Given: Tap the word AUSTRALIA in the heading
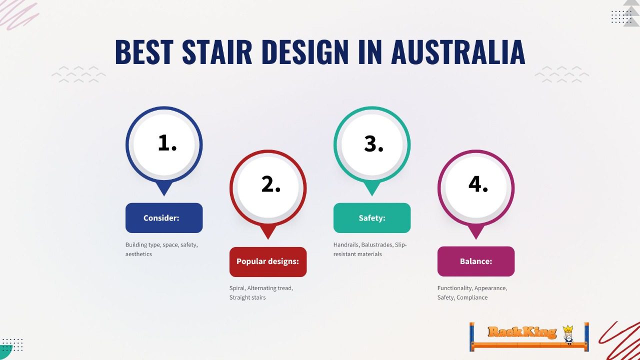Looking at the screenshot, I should point(457,51).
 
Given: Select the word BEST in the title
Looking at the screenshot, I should point(144,51).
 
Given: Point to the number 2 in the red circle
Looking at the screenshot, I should point(270,184).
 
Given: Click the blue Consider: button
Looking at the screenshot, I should point(164,218).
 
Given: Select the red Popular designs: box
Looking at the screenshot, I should point(268,261).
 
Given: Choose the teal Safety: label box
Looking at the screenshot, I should point(372,218).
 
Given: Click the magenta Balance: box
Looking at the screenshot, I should point(476,261).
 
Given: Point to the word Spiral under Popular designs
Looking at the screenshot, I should point(237,288).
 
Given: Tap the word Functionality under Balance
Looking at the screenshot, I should point(454,288).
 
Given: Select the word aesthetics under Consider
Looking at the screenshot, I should point(138,254).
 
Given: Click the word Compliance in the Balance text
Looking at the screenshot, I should point(472,297).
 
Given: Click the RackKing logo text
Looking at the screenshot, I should point(521,332).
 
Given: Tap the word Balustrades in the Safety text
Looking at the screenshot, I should point(377,245).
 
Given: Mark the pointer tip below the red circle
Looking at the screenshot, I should point(268,237).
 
